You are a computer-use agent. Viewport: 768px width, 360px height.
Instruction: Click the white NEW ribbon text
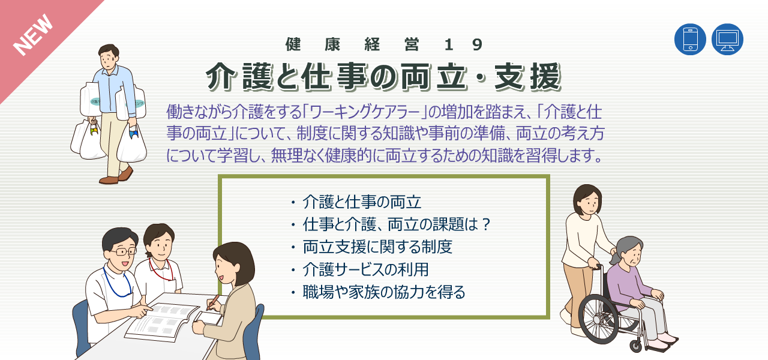(34, 35)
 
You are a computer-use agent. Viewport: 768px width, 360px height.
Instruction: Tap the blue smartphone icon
(690, 40)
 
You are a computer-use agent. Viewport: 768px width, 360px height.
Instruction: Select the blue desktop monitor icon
(727, 40)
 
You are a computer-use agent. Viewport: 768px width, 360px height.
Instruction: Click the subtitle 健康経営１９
(384, 44)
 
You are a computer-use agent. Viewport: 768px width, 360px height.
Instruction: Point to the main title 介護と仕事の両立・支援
(384, 77)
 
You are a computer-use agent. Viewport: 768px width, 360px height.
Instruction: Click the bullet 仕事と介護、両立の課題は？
(397, 224)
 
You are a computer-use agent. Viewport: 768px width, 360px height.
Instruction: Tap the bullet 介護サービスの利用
(365, 269)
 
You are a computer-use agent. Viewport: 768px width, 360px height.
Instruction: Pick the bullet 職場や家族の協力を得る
(384, 292)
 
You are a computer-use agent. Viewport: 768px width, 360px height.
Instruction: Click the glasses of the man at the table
(123, 251)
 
